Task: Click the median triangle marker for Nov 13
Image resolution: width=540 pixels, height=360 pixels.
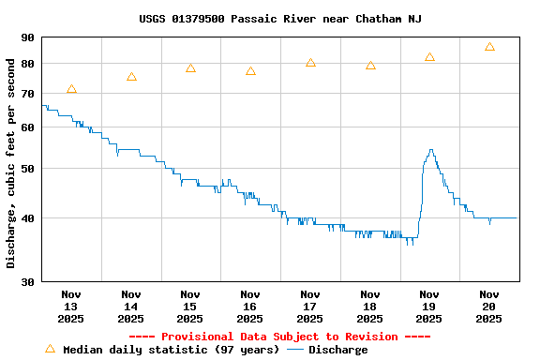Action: [71, 89]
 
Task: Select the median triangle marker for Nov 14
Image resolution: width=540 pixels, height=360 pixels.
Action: [131, 77]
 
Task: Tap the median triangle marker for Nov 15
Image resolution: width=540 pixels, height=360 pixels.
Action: [190, 68]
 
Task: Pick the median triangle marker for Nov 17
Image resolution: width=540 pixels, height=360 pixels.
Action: [310, 63]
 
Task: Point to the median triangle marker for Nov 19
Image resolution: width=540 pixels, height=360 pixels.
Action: [429, 57]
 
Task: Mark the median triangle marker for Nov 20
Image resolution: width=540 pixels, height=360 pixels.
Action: [489, 47]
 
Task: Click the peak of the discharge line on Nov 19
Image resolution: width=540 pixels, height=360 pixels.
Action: [430, 150]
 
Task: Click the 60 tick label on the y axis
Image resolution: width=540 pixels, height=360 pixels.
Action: [26, 127]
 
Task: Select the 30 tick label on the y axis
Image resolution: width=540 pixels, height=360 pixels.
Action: [26, 281]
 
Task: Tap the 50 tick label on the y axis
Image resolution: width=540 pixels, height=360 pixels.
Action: [26, 169]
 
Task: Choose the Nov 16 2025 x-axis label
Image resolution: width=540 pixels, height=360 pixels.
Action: [250, 307]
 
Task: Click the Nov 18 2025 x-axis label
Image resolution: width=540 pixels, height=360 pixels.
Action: [370, 307]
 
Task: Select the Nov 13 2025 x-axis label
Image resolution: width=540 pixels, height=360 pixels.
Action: [71, 307]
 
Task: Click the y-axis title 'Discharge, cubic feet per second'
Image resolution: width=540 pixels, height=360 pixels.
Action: [10, 163]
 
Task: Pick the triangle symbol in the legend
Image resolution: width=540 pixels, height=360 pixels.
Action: [51, 349]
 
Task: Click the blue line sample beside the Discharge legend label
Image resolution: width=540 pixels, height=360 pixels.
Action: [295, 350]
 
